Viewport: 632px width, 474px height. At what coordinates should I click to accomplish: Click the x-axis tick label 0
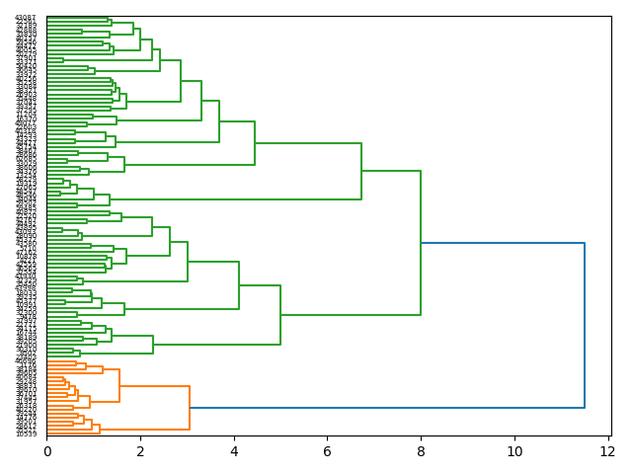click(x=46, y=451)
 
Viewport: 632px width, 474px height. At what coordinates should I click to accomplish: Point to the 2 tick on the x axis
click(x=140, y=451)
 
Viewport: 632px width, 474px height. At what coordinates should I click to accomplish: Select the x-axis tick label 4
click(x=234, y=451)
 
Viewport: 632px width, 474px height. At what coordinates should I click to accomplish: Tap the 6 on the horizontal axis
click(x=328, y=451)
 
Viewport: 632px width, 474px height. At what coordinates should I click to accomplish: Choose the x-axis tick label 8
click(x=421, y=451)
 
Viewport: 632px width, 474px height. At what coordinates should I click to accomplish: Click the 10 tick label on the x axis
click(x=514, y=451)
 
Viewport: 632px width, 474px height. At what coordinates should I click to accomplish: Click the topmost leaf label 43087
click(x=26, y=19)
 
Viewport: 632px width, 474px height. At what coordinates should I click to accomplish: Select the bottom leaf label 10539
click(x=26, y=434)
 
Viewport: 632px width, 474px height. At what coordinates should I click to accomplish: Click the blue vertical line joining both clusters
click(x=585, y=326)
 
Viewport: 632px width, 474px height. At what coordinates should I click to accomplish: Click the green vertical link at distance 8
click(x=421, y=243)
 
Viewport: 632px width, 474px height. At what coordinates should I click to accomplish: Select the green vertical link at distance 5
click(x=280, y=315)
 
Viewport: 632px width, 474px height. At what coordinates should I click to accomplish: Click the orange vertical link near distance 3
click(x=190, y=408)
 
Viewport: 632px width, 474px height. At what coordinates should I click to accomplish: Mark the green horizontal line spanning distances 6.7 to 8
click(x=391, y=171)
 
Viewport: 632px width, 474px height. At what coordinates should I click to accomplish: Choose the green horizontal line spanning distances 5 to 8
click(x=351, y=315)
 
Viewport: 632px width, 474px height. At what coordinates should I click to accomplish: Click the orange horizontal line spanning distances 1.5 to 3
click(x=154, y=386)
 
